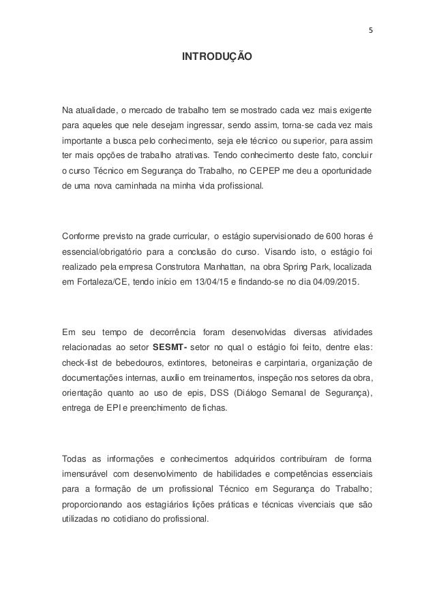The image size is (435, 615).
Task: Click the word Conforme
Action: [80, 236]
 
